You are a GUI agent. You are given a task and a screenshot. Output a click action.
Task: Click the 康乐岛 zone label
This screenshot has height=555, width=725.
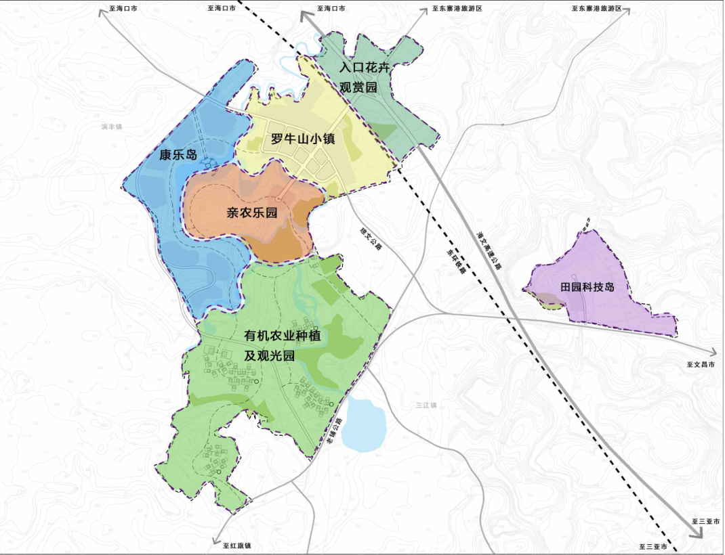pyautogui.click(x=178, y=155)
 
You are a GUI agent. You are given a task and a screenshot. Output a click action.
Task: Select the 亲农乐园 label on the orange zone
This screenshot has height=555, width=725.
pyautogui.click(x=252, y=213)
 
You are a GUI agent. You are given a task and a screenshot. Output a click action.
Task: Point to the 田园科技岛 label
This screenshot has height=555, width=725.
pyautogui.click(x=587, y=286)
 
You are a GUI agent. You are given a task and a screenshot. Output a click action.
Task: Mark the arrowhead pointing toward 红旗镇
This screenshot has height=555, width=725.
pyautogui.click(x=215, y=539)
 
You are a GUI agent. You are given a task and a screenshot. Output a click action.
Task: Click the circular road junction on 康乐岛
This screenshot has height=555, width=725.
pyautogui.click(x=208, y=162)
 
